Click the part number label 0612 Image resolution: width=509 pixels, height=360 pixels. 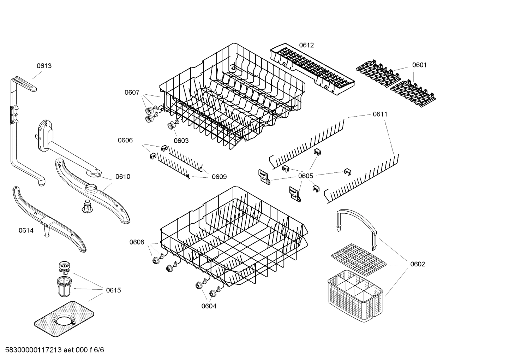(306, 45)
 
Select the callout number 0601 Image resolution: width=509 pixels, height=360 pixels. (419, 65)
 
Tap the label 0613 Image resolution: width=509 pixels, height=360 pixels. (44, 66)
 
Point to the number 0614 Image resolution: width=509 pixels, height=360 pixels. (26, 231)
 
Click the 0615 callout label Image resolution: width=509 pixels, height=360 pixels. (113, 290)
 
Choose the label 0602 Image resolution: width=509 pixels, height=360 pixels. (417, 264)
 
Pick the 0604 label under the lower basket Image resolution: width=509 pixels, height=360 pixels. (209, 306)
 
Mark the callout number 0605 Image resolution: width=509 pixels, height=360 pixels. (305, 176)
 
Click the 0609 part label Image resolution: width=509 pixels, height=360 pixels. (219, 177)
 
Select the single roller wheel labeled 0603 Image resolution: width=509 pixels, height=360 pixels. (173, 125)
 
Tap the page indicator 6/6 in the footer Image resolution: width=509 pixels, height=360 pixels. (99, 350)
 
